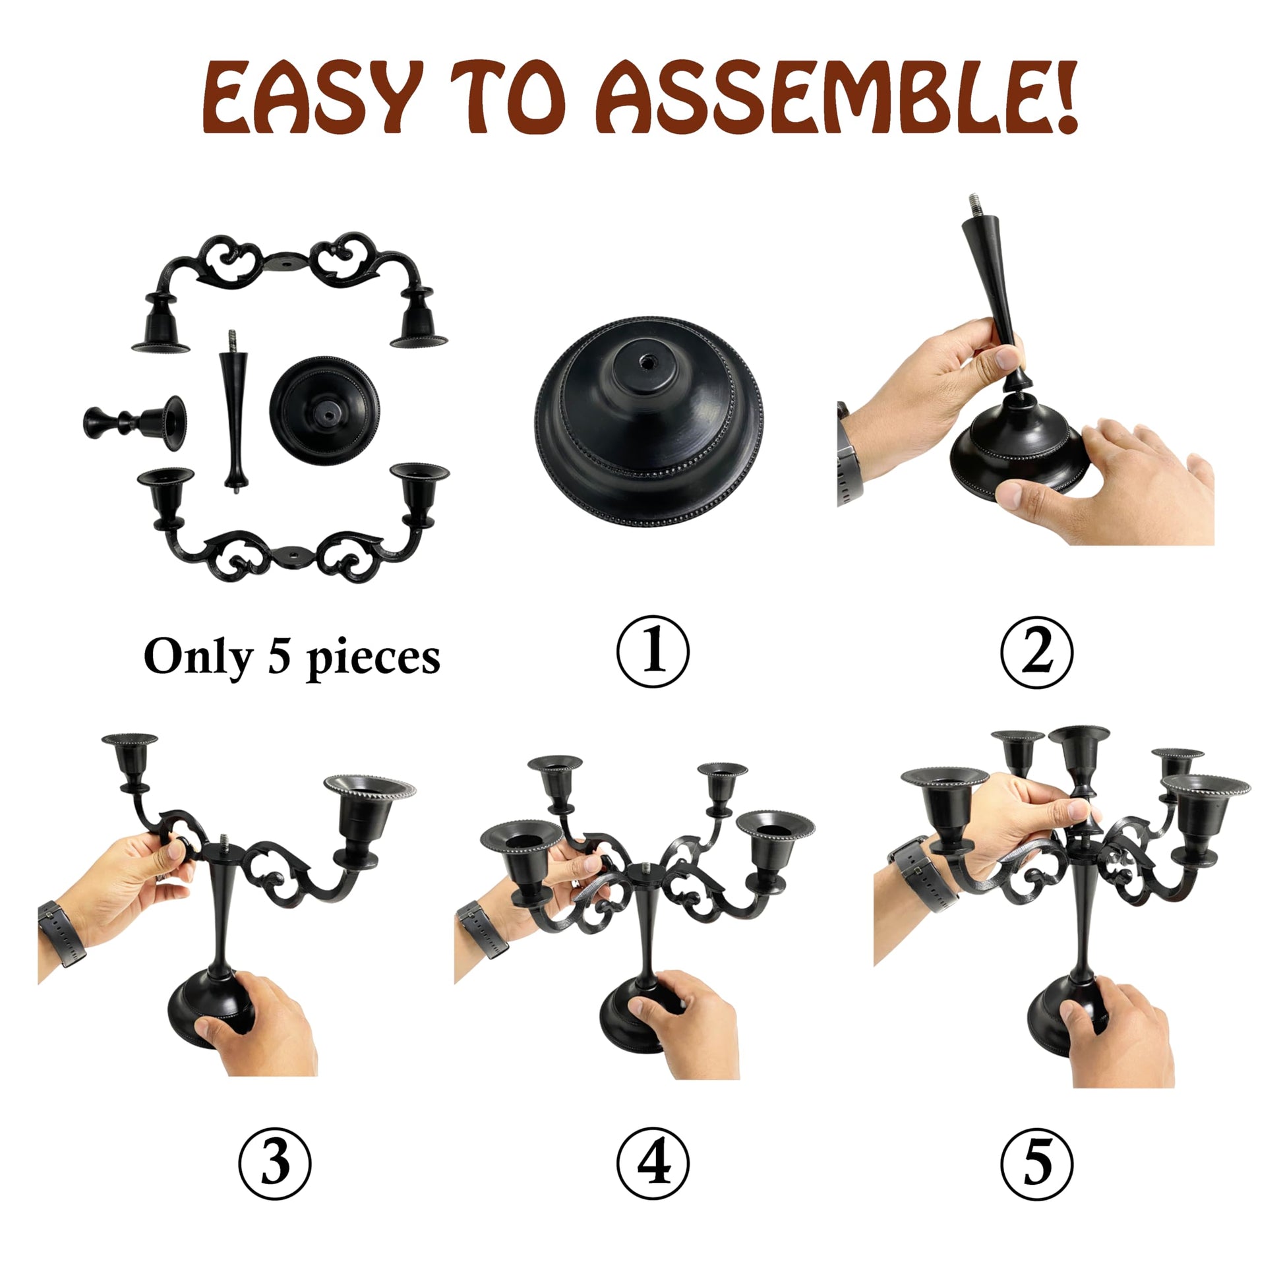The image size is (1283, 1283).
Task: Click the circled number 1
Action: pos(653,651)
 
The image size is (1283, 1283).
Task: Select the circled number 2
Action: pos(1036,651)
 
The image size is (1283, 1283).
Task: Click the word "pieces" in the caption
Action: pos(373,660)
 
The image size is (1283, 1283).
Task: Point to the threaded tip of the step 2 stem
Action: pos(975,207)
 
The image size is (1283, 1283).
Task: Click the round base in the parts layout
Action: pos(325,410)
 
